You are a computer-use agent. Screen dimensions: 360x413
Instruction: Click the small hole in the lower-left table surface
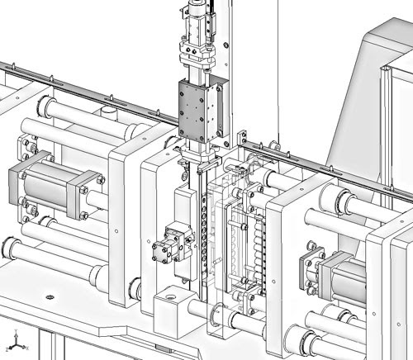51,296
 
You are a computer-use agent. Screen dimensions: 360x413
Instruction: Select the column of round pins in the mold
263,239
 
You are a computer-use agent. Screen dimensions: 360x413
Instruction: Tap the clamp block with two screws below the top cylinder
195,55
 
